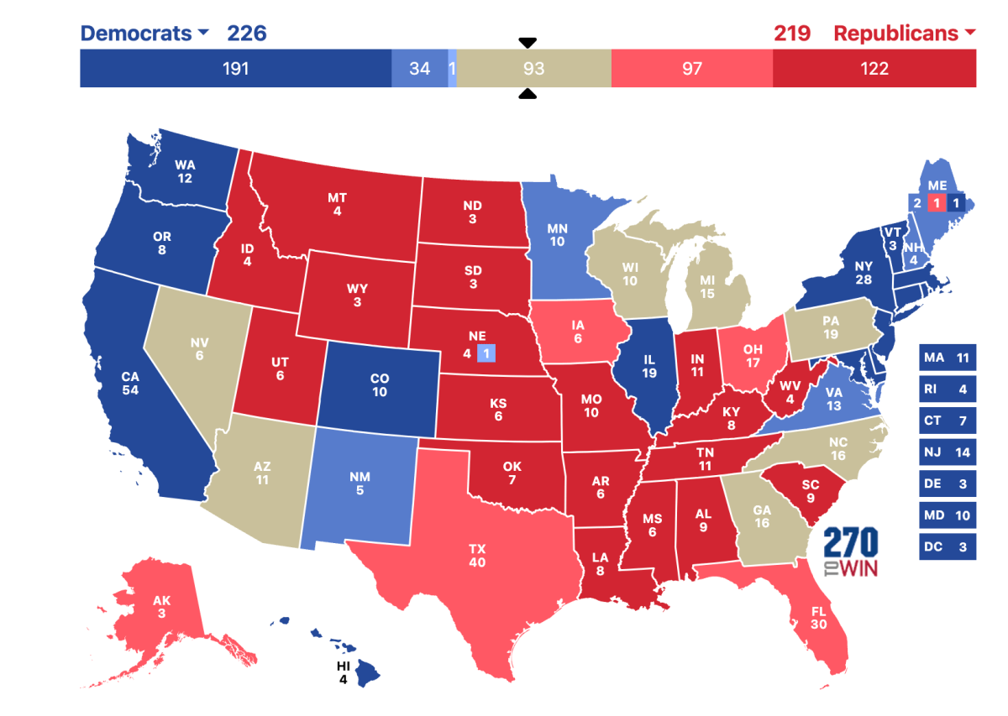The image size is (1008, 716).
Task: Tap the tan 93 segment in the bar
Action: pyautogui.click(x=534, y=69)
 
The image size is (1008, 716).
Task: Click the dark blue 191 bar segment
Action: pyautogui.click(x=235, y=69)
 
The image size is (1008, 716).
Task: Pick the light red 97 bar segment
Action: pyautogui.click(x=691, y=69)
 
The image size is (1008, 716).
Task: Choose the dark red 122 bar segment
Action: pyautogui.click(x=874, y=69)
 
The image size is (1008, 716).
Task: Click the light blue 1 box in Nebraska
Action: pyautogui.click(x=486, y=353)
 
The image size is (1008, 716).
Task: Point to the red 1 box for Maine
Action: pyautogui.click(x=936, y=202)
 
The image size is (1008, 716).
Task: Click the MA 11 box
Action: pyautogui.click(x=947, y=358)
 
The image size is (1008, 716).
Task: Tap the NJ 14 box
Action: pyautogui.click(x=947, y=452)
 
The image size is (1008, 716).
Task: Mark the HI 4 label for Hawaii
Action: pyautogui.click(x=342, y=672)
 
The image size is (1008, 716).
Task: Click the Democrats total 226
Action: pyautogui.click(x=246, y=34)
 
